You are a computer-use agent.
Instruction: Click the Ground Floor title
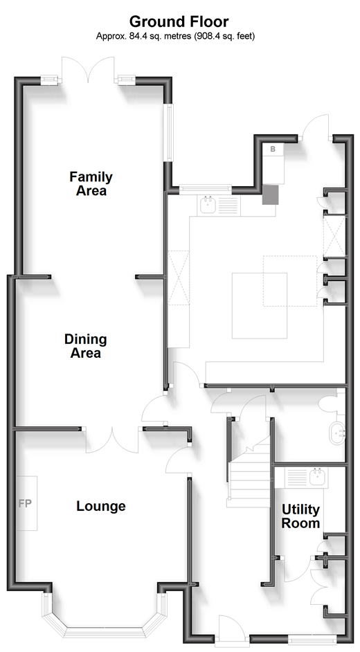coord(179,21)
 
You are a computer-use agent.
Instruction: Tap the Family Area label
coord(91,183)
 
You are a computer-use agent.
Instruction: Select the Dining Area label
coord(86,346)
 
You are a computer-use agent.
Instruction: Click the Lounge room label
coord(101,506)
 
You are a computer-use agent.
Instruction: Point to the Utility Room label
coord(300,516)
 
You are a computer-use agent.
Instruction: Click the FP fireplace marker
coord(25,504)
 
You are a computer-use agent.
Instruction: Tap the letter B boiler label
coord(273,150)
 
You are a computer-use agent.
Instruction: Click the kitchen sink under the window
coord(208,205)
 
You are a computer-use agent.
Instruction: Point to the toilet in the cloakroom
coord(332,404)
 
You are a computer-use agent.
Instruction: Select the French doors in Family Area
coord(88,70)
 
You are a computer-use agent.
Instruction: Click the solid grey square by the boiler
coord(270,195)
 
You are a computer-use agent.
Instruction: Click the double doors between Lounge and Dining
coord(111,441)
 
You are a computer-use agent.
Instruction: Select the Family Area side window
coord(168,132)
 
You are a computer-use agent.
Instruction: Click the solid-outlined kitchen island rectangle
coord(260,306)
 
